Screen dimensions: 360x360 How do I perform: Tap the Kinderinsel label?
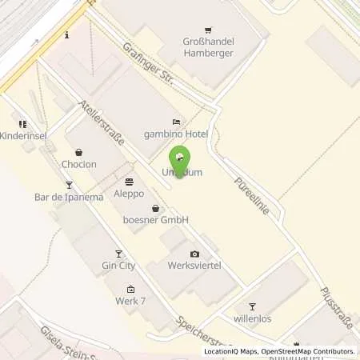pos(23,136)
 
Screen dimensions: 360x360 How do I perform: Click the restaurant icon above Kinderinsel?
pos(22,124)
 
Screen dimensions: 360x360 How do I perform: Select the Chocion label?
pos(78,164)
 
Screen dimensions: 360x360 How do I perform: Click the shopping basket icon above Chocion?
pos(78,152)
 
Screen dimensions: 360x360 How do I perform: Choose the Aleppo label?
pos(130,194)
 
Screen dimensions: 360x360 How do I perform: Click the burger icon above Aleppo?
pos(130,182)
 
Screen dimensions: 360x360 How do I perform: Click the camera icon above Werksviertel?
pos(193,254)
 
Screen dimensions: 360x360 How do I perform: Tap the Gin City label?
pos(118,266)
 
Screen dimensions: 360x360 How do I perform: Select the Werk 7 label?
pos(131,302)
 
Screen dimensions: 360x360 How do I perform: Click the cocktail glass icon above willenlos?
pos(253,306)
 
